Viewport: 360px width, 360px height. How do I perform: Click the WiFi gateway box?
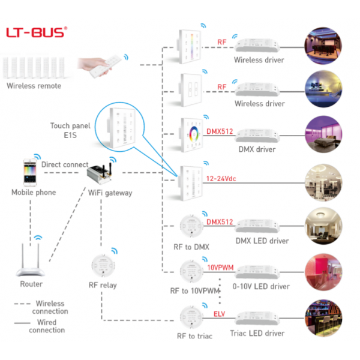click(x=99, y=175)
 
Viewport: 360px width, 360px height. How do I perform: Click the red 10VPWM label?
click(x=221, y=267)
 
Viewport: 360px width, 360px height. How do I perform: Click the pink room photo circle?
click(x=323, y=271)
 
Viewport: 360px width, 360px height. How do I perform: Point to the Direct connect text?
click(x=65, y=164)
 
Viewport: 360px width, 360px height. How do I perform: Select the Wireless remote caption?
click(x=34, y=86)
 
